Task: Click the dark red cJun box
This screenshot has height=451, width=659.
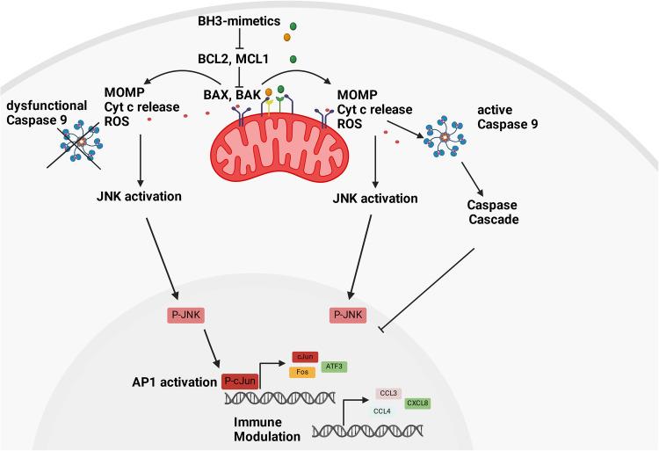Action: (303, 356)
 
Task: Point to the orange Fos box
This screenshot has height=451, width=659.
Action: (303, 372)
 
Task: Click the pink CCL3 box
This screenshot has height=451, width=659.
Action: (388, 393)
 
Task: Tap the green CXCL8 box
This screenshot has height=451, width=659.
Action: (417, 403)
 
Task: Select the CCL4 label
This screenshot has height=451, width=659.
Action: (383, 410)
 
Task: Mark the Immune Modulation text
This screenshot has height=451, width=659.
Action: (266, 428)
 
